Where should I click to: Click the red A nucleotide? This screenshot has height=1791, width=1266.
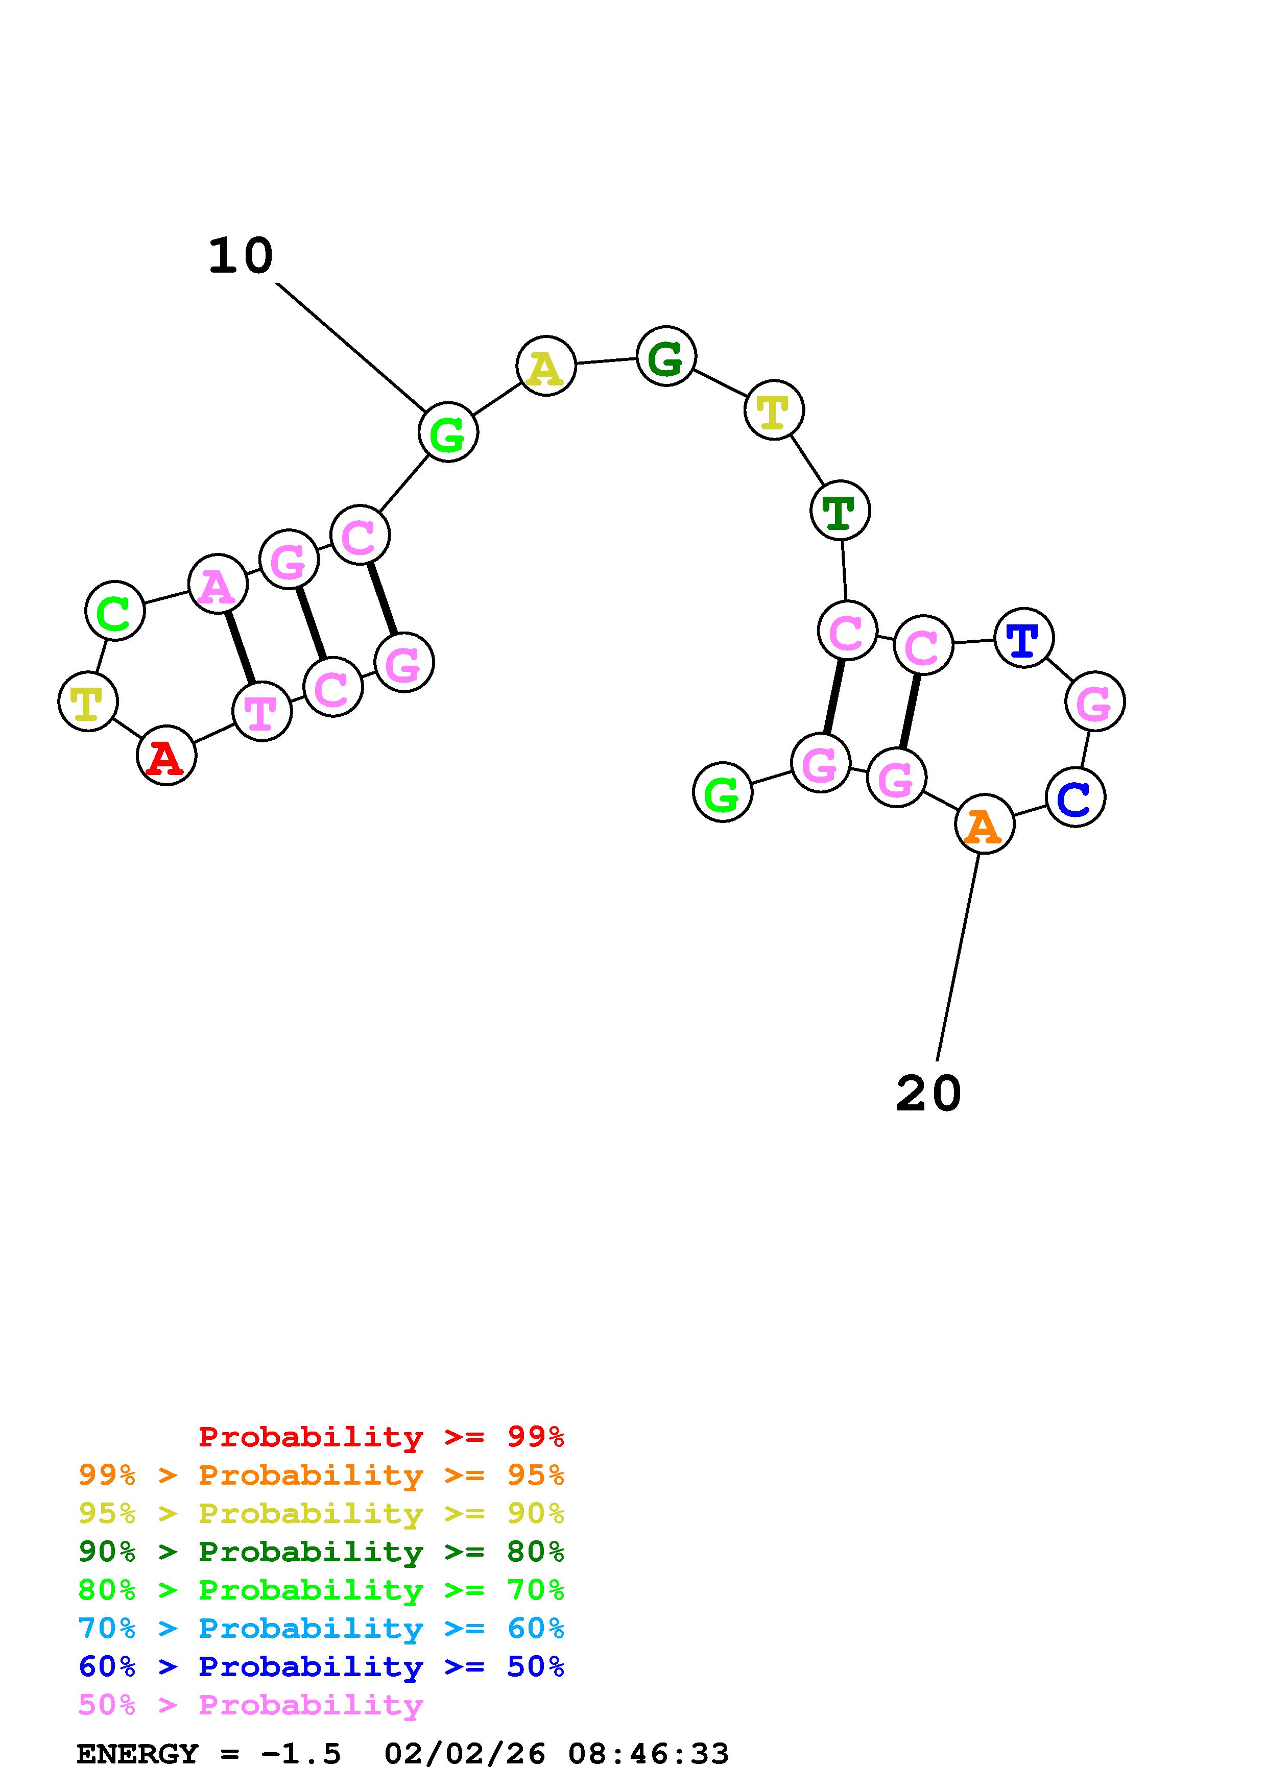click(x=166, y=755)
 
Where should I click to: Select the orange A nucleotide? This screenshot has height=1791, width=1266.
click(x=985, y=824)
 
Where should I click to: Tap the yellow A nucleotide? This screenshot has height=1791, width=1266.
click(x=546, y=366)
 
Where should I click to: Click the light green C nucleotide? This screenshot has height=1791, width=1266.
click(x=115, y=611)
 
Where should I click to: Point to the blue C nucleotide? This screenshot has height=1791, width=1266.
click(x=1076, y=796)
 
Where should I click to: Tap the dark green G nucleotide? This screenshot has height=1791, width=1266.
click(x=666, y=356)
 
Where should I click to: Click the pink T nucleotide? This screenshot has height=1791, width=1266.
click(x=262, y=711)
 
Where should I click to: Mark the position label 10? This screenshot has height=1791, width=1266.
click(x=240, y=256)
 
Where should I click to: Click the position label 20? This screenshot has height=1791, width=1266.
click(x=928, y=1093)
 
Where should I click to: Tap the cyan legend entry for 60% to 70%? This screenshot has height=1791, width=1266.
click(x=321, y=1628)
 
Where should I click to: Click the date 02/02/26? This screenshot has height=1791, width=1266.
click(x=465, y=1754)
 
